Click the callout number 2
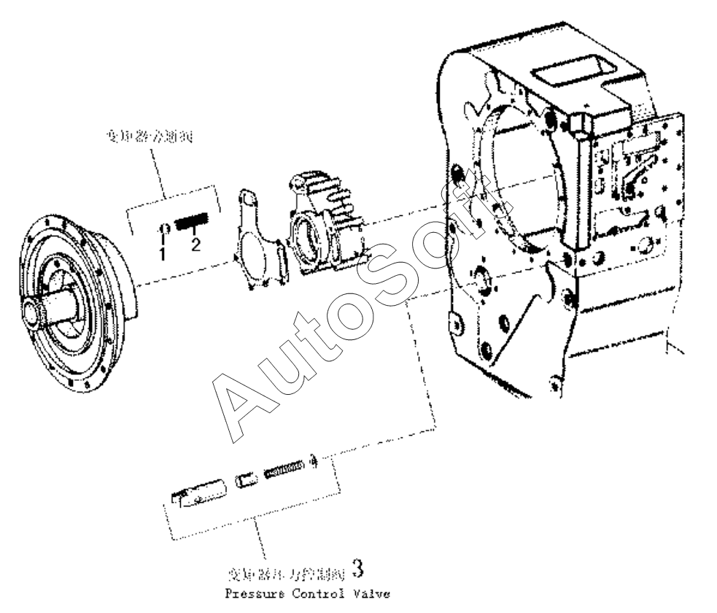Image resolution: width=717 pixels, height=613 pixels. coord(195,245)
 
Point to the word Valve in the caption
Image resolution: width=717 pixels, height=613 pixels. coord(370,594)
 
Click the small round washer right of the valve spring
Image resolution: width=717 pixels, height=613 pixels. coord(314,459)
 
